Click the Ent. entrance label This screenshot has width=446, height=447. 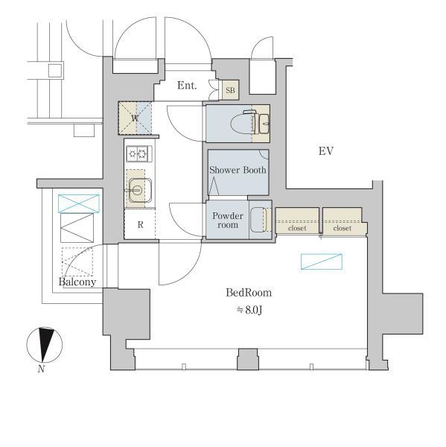(187, 86)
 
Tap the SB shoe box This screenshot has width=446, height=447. (229, 89)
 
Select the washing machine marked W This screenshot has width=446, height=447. (136, 118)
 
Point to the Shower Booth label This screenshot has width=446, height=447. (237, 170)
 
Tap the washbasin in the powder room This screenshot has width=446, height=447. (257, 220)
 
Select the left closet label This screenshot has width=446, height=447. (297, 228)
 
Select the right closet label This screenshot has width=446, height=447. (343, 228)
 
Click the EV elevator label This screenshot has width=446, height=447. (325, 151)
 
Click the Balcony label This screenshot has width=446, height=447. (77, 282)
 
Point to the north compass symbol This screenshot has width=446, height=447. (45, 345)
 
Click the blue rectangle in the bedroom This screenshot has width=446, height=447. (322, 261)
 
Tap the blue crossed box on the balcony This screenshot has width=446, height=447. (78, 203)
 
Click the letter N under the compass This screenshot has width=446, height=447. (42, 369)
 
